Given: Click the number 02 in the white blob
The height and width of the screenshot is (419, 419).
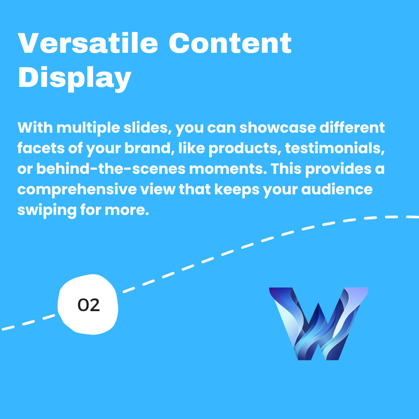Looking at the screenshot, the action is (x=88, y=305).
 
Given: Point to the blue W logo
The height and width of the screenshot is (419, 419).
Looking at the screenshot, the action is (x=319, y=324).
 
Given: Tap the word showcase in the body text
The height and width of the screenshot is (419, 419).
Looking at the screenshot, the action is (x=278, y=128).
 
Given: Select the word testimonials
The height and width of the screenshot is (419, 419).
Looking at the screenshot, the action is (x=335, y=148).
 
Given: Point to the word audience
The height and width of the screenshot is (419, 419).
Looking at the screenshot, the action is (x=337, y=189).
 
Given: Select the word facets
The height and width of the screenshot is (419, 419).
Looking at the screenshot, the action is (x=41, y=148).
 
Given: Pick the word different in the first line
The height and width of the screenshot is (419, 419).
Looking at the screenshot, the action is (x=352, y=128).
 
